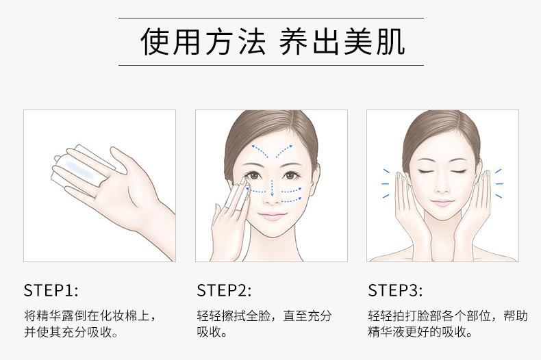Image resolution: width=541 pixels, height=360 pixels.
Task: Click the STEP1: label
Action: pyautogui.click(x=51, y=290)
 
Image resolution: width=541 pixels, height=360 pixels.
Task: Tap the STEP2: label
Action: pyautogui.click(x=224, y=290)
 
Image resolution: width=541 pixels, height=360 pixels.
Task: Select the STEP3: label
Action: pyautogui.click(x=395, y=290)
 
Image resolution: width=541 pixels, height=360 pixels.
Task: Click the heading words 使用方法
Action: pyautogui.click(x=203, y=42)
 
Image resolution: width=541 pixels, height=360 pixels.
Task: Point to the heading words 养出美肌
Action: pyautogui.click(x=342, y=42)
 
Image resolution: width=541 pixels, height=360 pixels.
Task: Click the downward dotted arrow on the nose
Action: pyautogui.click(x=272, y=188)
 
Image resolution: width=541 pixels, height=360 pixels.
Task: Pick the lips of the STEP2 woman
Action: pyautogui.click(x=272, y=216)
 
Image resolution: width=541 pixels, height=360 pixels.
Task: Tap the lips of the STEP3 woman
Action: pyautogui.click(x=442, y=203)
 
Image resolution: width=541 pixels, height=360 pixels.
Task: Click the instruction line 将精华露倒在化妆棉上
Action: pyautogui.click(x=90, y=316)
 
